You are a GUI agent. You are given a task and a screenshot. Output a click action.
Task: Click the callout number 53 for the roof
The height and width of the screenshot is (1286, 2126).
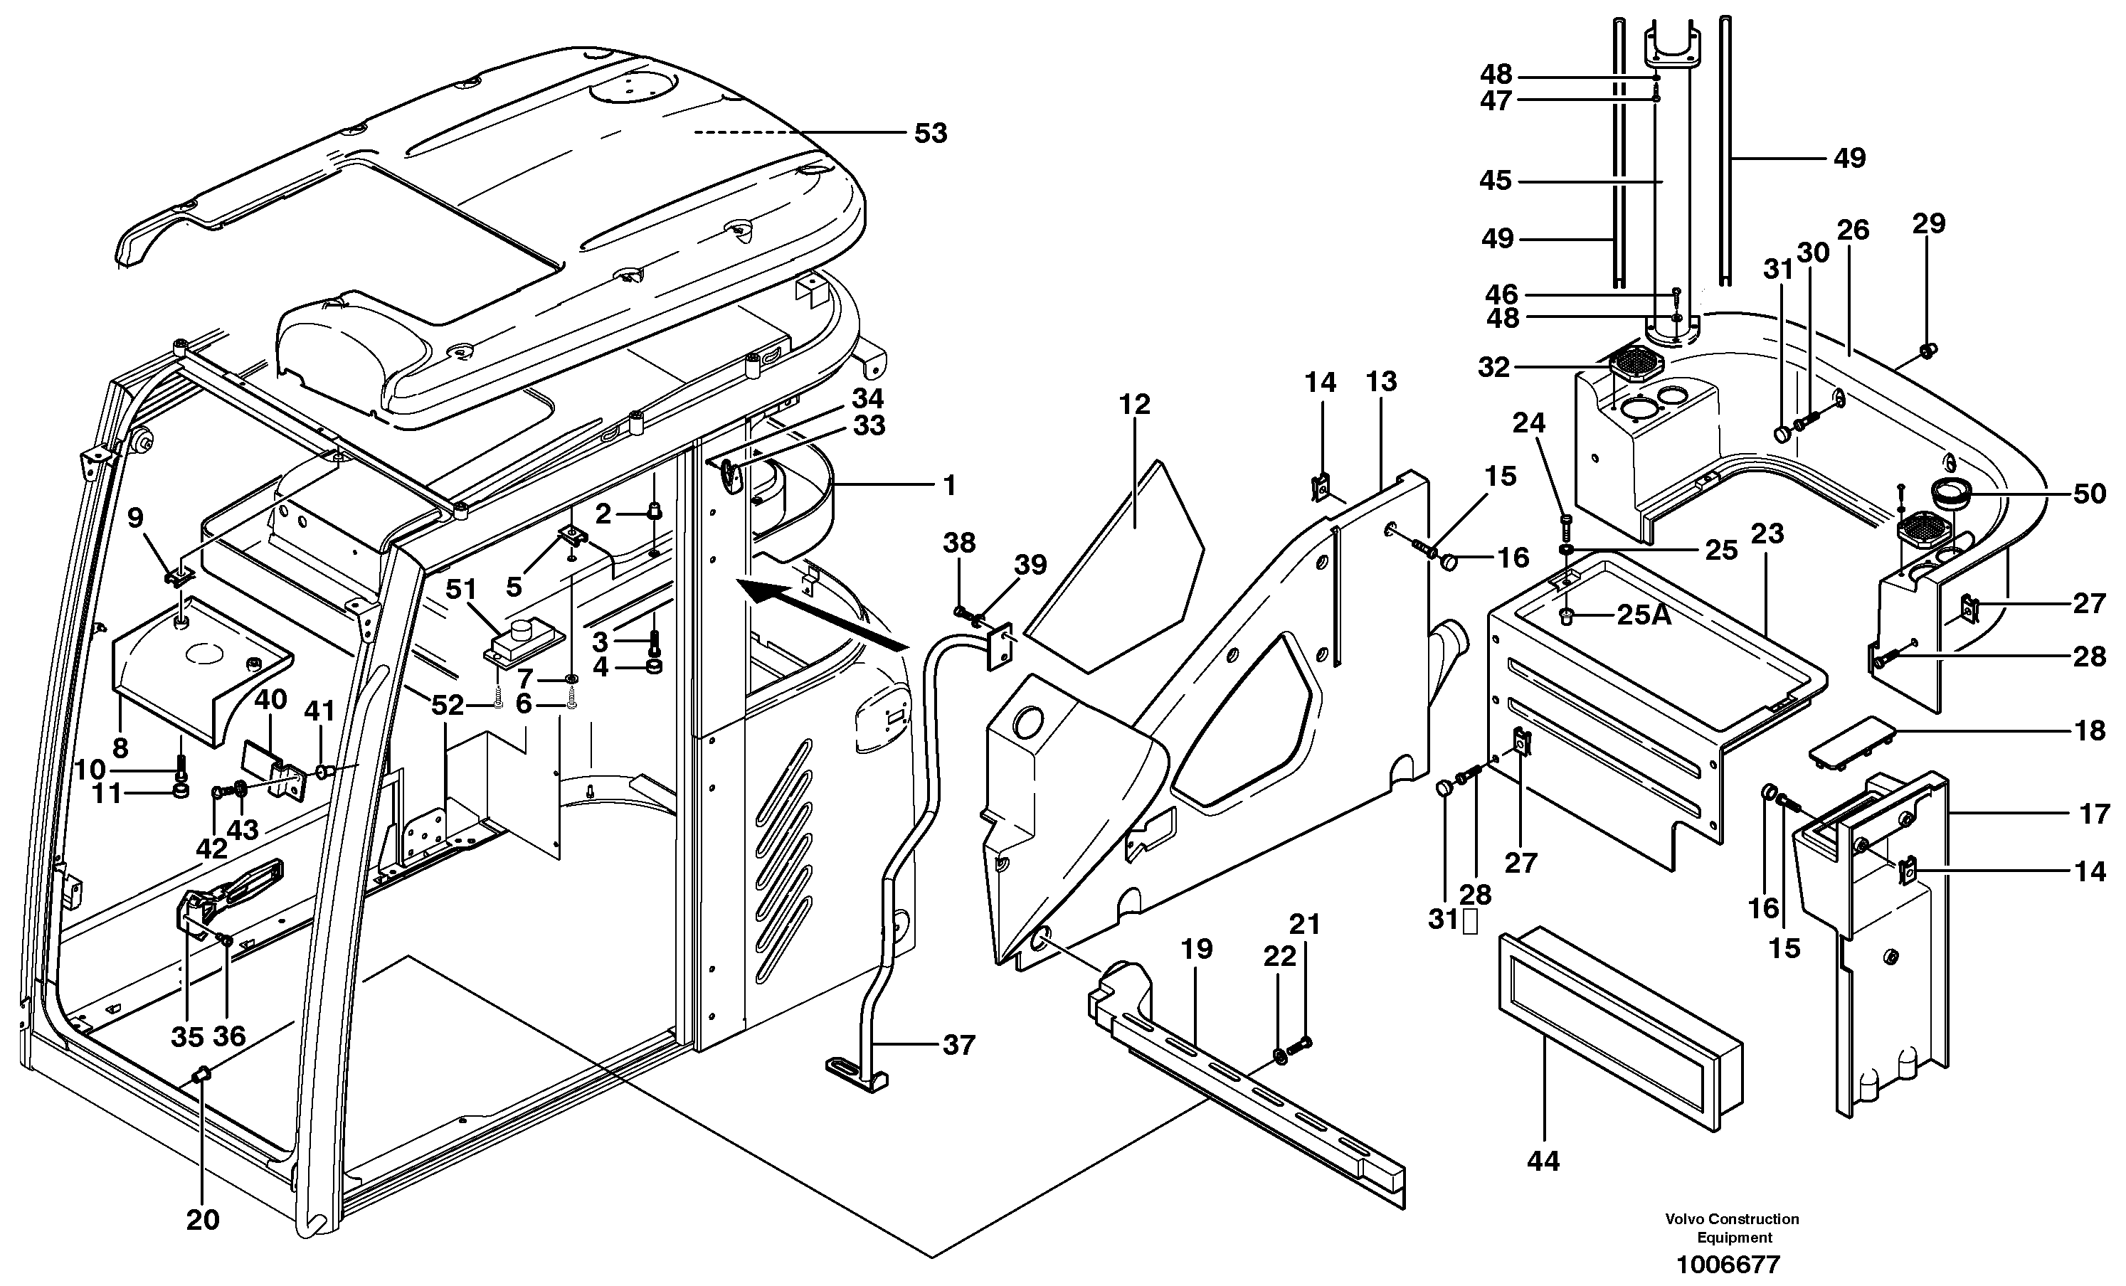click(930, 134)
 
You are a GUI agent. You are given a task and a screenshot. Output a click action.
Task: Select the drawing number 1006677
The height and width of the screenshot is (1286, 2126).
click(1728, 1265)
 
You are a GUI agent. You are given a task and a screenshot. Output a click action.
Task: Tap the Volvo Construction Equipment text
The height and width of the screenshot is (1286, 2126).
click(1732, 1228)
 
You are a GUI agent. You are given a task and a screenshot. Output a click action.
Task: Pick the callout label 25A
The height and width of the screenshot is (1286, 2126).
click(1643, 615)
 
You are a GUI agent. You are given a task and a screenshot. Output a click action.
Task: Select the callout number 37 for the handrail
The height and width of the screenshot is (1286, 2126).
click(958, 1046)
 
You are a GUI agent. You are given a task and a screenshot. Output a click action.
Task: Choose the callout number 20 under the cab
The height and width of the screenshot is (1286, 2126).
click(203, 1220)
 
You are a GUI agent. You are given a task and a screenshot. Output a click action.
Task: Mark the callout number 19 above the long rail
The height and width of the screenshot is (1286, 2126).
click(1197, 950)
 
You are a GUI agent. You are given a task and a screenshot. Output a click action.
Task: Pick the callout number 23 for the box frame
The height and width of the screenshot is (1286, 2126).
click(1766, 534)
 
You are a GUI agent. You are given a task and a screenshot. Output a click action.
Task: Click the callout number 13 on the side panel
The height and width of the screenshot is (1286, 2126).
click(1381, 381)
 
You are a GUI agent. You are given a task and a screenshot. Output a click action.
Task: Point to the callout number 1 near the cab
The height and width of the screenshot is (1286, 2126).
click(949, 486)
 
